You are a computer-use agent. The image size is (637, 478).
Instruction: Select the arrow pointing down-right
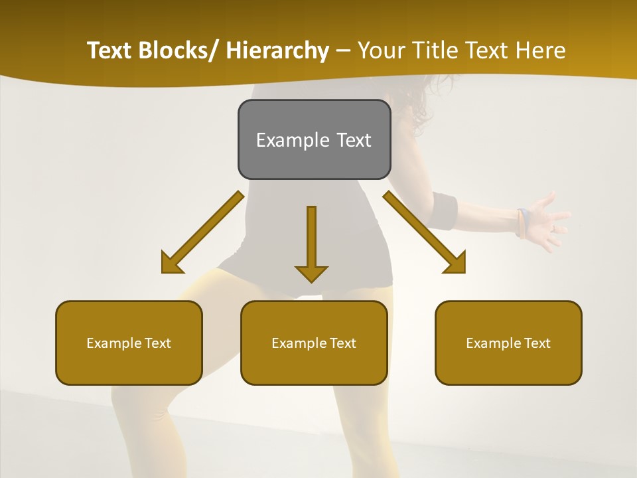tap(425, 232)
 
